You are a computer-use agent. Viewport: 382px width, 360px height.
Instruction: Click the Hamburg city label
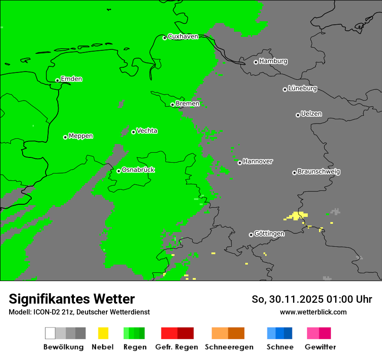coord(273,61)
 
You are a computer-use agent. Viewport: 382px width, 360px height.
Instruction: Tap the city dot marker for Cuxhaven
coord(165,38)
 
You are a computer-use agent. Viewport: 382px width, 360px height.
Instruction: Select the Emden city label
coord(71,79)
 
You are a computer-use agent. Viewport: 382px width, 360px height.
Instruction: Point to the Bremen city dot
coord(172,105)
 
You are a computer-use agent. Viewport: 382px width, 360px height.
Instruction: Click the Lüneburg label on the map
coord(302,88)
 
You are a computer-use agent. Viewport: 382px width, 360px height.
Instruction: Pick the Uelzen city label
coord(311,114)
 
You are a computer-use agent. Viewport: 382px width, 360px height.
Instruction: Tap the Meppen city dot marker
coord(65,137)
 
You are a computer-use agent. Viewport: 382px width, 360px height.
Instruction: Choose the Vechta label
coord(147,131)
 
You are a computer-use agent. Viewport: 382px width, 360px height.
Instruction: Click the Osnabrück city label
coord(138,170)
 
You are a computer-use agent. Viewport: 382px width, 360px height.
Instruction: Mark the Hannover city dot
coord(240,163)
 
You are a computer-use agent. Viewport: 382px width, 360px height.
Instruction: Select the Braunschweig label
coord(319,172)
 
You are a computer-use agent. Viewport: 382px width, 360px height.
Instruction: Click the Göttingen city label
coord(269,234)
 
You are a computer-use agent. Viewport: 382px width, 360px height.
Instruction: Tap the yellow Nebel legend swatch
coord(103,333)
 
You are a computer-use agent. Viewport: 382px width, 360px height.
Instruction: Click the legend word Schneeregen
coord(229,347)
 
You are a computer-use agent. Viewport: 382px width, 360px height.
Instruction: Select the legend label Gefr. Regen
coord(177,347)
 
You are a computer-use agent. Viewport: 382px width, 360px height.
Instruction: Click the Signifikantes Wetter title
coord(72,299)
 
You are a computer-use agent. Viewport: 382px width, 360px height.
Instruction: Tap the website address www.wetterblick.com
coord(313,312)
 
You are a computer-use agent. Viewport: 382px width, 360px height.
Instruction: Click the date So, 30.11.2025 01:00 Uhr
coord(312,299)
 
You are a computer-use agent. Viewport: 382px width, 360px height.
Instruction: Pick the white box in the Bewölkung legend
coord(50,333)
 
